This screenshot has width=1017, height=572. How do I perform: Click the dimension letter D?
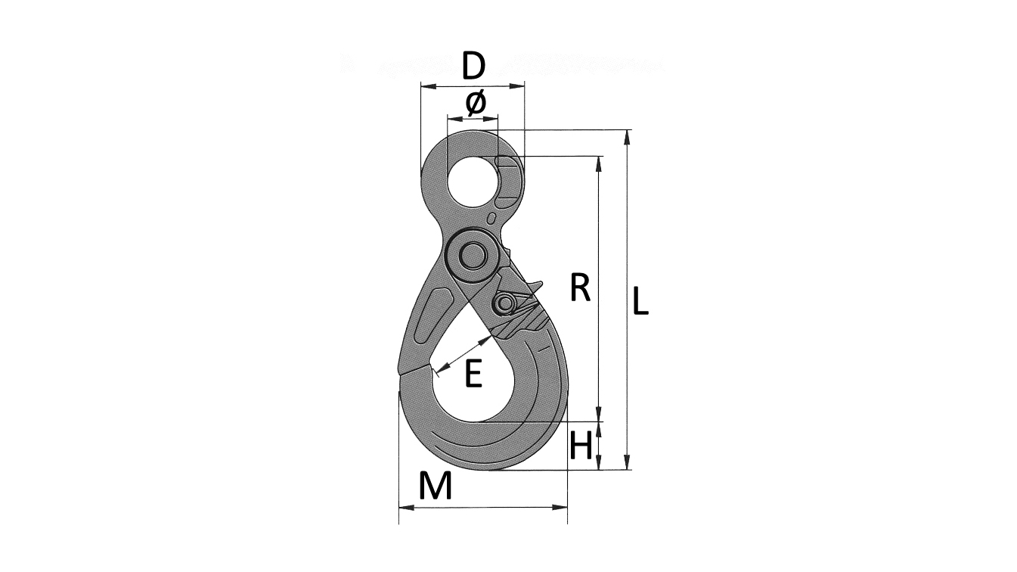pos(474,66)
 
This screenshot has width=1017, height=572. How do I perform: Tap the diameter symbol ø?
pos(476,102)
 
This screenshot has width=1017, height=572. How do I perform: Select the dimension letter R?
pos(580,288)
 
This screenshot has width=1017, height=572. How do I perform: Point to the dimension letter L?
pos(640,300)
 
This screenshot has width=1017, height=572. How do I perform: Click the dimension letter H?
pos(581,445)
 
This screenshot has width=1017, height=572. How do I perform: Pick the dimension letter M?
pos(436,485)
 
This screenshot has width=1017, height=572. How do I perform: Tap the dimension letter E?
pos(473,373)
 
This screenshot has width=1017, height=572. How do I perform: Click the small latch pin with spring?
pos(504,303)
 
